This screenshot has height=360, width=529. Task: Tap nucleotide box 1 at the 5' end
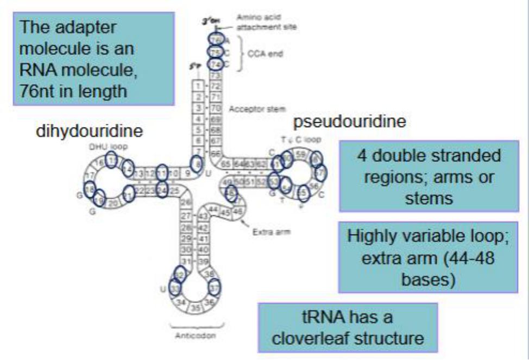pyautogui.click(x=199, y=86)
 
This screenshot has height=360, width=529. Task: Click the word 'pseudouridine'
pyautogui.click(x=349, y=123)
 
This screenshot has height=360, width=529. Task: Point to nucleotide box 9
pyautogui.click(x=186, y=174)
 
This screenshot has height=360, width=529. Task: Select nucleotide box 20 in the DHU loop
pyautogui.click(x=113, y=203)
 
